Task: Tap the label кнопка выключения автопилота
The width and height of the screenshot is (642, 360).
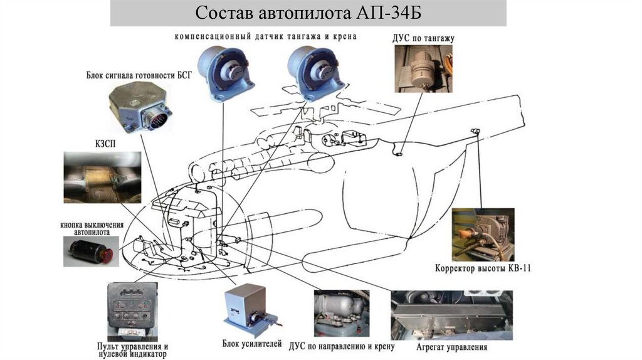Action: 92,228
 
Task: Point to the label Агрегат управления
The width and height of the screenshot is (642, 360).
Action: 451,347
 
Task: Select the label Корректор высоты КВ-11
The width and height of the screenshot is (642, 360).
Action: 483,268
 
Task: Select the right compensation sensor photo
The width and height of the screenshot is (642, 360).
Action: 313,71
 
